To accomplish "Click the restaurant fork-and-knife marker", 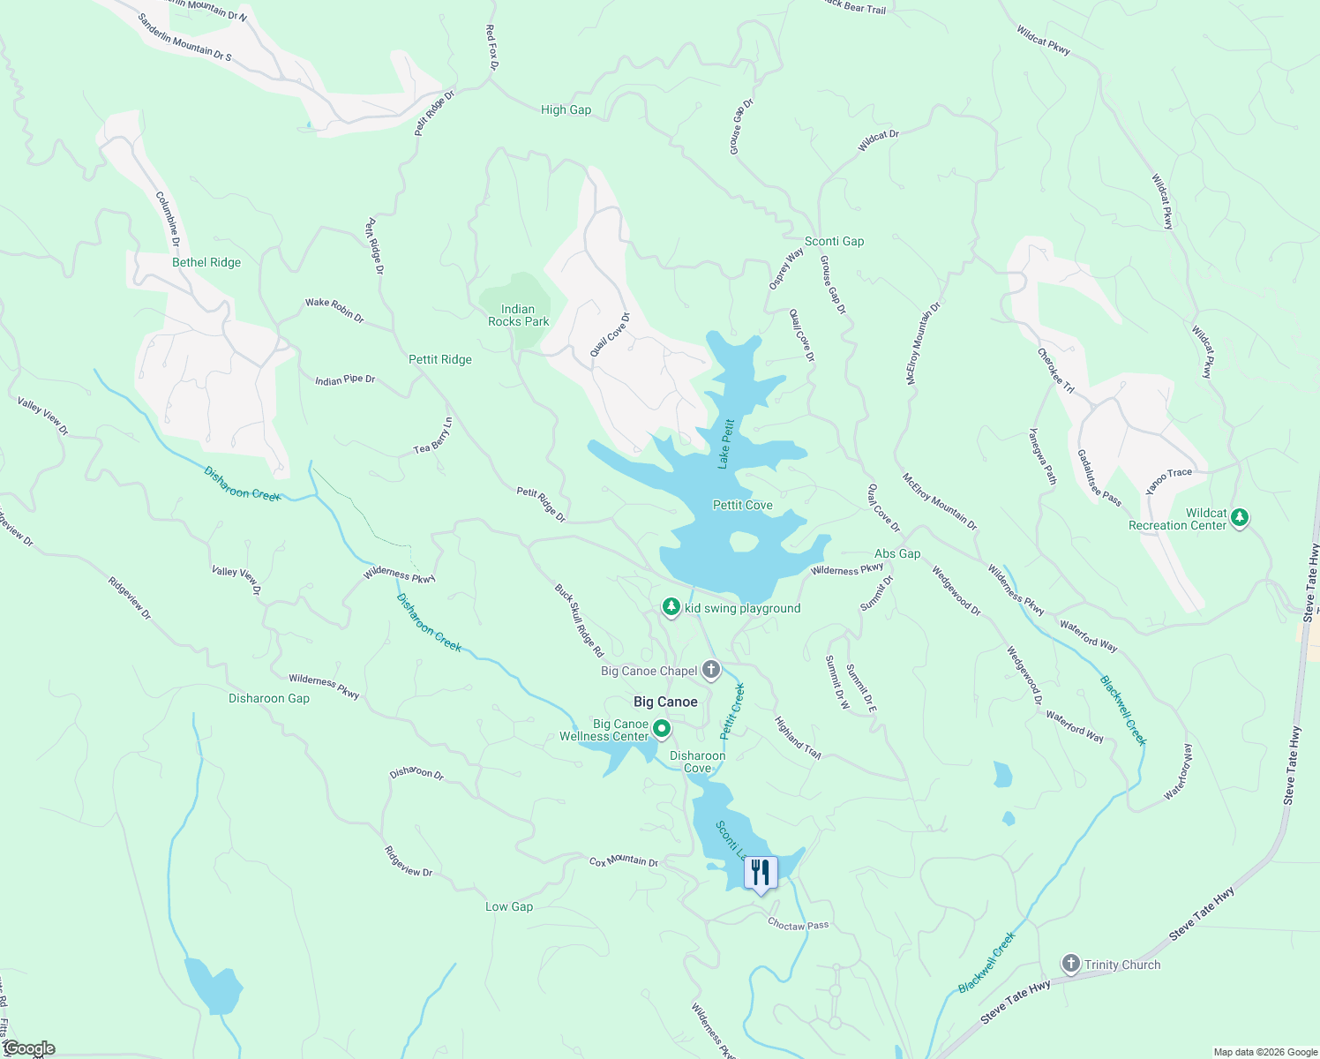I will click(761, 873).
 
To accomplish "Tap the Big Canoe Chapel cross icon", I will click(711, 670).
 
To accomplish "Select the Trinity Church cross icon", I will click(1071, 964).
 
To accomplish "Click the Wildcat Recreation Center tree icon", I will click(1240, 517).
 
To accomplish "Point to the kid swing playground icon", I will click(671, 607).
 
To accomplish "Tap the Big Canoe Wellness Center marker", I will click(662, 729).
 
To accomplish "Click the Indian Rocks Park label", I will click(518, 315).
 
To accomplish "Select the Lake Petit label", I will click(725, 444).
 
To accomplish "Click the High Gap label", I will click(566, 109).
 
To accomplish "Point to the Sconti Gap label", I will click(834, 241).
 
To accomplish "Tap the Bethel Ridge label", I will click(206, 262).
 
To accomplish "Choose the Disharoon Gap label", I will click(269, 698).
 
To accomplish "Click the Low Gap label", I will click(509, 906).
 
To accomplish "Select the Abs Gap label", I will click(897, 553).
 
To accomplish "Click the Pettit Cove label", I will click(742, 505).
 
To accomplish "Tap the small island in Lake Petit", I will click(743, 541).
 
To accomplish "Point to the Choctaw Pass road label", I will click(798, 925).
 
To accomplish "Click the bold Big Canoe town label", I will click(665, 702).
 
